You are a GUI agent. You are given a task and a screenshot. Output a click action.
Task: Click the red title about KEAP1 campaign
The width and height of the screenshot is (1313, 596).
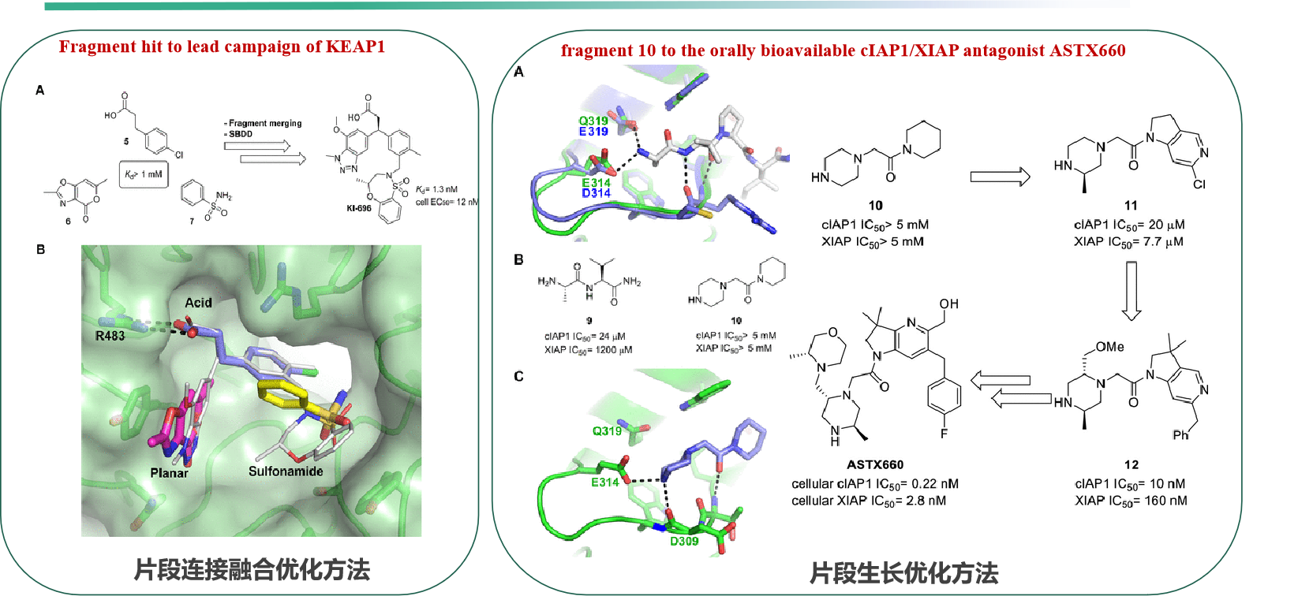(222, 47)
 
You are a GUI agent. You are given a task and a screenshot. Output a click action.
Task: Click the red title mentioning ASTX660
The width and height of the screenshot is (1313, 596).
(843, 50)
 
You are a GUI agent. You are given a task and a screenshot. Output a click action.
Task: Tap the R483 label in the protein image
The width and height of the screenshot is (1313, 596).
(110, 336)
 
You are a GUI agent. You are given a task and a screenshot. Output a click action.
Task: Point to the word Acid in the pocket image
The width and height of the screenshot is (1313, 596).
(198, 303)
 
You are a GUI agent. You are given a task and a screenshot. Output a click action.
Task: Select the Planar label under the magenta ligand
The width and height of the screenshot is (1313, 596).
(169, 473)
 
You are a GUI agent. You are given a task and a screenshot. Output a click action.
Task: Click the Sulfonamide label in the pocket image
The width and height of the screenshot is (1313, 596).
(286, 471)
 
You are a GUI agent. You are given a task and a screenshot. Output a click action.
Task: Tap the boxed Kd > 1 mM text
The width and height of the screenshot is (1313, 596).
(144, 174)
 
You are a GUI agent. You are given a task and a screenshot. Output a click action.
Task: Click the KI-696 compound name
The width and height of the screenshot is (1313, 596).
(358, 208)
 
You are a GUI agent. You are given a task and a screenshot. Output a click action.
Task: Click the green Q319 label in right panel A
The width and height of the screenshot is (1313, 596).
(593, 121)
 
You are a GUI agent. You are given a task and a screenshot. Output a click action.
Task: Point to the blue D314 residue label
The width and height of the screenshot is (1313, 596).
(597, 193)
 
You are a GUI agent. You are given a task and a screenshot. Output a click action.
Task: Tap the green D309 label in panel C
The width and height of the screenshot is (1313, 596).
(684, 542)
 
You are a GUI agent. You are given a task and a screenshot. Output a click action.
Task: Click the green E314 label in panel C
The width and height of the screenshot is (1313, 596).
(605, 482)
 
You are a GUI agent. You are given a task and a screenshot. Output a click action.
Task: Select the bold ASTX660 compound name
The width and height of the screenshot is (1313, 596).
(875, 464)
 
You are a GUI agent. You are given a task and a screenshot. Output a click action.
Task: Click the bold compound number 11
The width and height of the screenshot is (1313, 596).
(1131, 205)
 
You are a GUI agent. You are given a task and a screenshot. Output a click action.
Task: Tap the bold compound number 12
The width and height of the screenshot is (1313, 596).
(1131, 464)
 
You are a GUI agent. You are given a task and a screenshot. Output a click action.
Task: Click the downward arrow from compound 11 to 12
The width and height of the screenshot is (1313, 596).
(1132, 291)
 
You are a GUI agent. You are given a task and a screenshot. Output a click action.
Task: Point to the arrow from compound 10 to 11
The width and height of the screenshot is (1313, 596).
(1000, 177)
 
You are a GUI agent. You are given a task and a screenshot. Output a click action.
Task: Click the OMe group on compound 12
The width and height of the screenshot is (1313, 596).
(1109, 347)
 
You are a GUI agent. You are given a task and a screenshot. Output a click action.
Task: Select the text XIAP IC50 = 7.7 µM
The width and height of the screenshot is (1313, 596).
(1128, 242)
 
